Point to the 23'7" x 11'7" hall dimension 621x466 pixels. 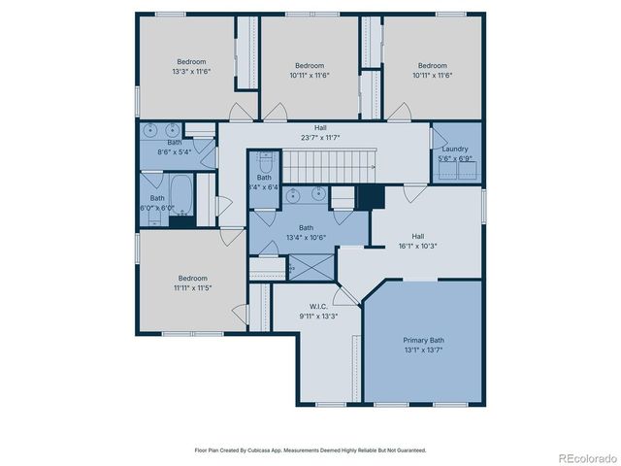[320, 137]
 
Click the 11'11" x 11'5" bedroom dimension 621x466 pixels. [192, 286]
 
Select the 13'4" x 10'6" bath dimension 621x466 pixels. [306, 237]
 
